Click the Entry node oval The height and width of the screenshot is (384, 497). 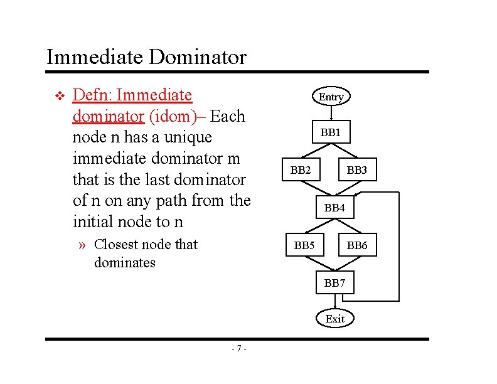331,97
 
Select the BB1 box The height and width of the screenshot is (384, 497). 331,132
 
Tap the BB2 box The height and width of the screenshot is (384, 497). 301,170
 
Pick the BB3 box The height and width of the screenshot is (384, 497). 357,170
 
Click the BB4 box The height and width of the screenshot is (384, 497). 334,207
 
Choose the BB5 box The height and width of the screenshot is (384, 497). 304,245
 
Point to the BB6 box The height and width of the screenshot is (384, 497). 357,245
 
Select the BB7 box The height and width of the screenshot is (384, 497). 334,283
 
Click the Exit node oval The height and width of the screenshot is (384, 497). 334,319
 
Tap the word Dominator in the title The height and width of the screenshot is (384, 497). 198,58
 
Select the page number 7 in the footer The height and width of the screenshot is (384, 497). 239,349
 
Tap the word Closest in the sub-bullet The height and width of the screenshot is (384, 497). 119,245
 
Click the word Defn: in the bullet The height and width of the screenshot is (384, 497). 93,95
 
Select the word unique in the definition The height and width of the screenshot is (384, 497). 188,137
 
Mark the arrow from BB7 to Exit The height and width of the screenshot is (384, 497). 334,301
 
